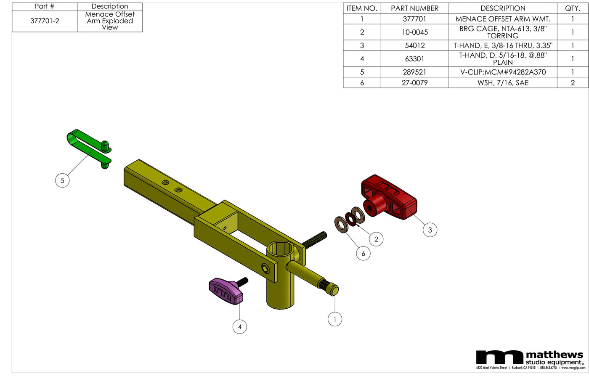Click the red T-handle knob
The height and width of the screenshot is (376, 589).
coord(389,197)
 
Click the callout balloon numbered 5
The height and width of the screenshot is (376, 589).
coord(62,180)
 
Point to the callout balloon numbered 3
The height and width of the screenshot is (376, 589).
coord(430,230)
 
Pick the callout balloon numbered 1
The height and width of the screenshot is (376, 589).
coord(334,319)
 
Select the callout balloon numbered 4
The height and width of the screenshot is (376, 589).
coord(240,327)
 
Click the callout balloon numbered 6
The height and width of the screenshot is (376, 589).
coord(363,254)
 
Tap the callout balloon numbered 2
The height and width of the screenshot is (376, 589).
coord(376,239)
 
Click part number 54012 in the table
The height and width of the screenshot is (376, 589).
coord(414,45)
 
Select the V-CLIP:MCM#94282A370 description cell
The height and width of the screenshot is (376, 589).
coord(503,72)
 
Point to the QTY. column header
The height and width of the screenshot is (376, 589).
coord(572,8)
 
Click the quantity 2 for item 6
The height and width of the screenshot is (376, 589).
coord(572,83)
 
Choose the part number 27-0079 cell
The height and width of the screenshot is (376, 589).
coord(414,83)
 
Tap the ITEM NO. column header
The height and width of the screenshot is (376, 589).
coord(362,8)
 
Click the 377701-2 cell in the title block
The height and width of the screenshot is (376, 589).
coord(45,21)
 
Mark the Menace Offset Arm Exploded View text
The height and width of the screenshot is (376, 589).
coord(110,21)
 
